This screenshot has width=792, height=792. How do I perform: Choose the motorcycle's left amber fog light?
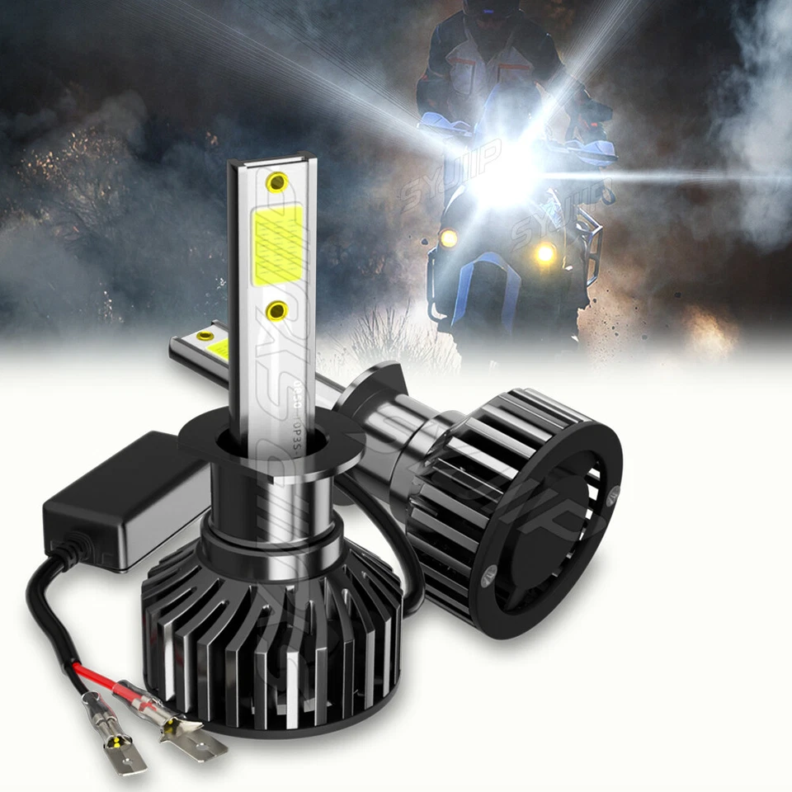[449, 239]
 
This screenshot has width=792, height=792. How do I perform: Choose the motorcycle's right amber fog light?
[544, 254]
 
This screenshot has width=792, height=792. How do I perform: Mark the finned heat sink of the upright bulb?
[272, 643]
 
